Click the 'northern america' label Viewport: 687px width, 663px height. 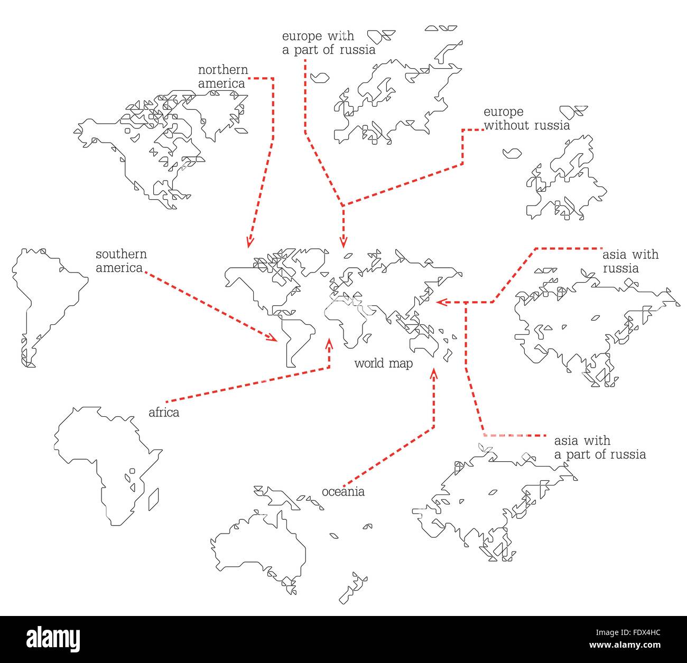pyautogui.click(x=222, y=77)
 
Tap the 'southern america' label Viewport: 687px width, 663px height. pyautogui.click(x=121, y=261)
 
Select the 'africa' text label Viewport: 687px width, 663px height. pyautogui.click(x=164, y=413)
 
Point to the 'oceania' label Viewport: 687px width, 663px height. pyautogui.click(x=343, y=492)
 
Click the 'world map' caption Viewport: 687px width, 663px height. pyautogui.click(x=383, y=363)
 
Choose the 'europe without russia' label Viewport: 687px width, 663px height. pyautogui.click(x=526, y=119)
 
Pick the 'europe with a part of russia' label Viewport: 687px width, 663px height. pyautogui.click(x=328, y=43)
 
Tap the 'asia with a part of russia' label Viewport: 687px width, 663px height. pyautogui.click(x=599, y=447)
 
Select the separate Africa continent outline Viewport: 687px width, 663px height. pyautogui.click(x=100, y=460)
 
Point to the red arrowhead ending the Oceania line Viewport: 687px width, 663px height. pyautogui.click(x=434, y=373)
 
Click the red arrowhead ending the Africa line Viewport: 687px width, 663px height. pyautogui.click(x=329, y=344)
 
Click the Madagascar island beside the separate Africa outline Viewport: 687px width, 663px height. pyautogui.click(x=154, y=499)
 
